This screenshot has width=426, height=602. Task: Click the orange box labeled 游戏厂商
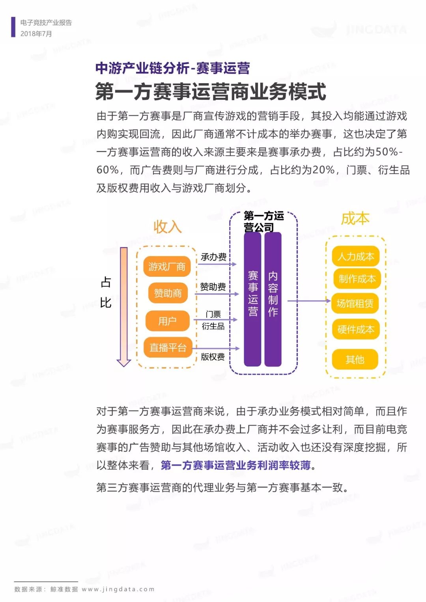pyautogui.click(x=167, y=267)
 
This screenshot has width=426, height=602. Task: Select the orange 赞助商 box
pyautogui.click(x=168, y=293)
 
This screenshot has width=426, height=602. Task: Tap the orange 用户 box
pyautogui.click(x=168, y=321)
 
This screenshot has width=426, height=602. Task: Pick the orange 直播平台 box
pyautogui.click(x=168, y=347)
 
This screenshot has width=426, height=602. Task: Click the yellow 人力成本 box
pyautogui.click(x=356, y=256)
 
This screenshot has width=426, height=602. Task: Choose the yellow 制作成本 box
pyautogui.click(x=357, y=279)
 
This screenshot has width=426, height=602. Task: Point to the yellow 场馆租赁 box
pyautogui.click(x=355, y=304)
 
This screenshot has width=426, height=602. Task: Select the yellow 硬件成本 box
pyautogui.click(x=356, y=329)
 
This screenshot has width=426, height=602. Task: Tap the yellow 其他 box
pyautogui.click(x=355, y=359)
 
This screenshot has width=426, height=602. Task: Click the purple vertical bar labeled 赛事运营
pyautogui.click(x=252, y=299)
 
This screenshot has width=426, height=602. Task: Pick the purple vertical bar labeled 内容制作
pyautogui.click(x=273, y=299)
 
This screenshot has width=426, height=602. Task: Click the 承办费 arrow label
pyautogui.click(x=213, y=257)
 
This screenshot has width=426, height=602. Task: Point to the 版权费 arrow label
pyautogui.click(x=213, y=357)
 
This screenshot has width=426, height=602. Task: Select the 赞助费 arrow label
pyautogui.click(x=213, y=287)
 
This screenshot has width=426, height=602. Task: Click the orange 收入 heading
pyautogui.click(x=168, y=227)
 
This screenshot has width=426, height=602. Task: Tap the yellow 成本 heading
pyautogui.click(x=355, y=218)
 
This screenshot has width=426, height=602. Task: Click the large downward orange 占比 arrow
pyautogui.click(x=124, y=307)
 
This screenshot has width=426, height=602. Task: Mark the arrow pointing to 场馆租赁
pyautogui.click(x=309, y=301)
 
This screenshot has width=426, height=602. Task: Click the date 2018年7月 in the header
pyautogui.click(x=36, y=34)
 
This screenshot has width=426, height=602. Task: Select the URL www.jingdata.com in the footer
pyautogui.click(x=118, y=589)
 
